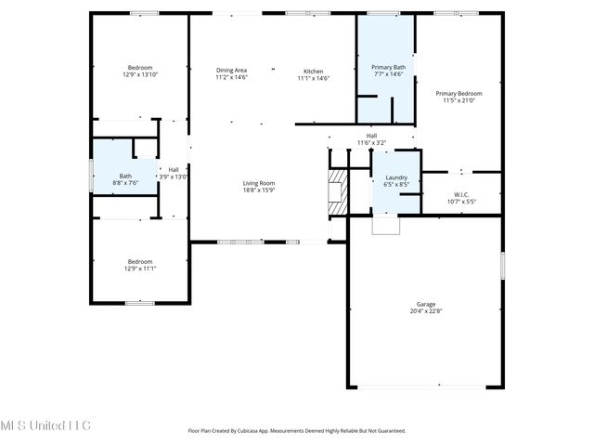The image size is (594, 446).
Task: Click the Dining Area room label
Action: tap(231, 71)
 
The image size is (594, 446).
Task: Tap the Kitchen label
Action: tap(314, 72)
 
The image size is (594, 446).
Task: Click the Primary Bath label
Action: tap(388, 67)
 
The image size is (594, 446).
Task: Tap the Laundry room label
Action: tap(395, 177)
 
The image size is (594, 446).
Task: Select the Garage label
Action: tap(426, 304)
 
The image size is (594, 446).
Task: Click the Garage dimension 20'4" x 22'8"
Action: tap(426, 311)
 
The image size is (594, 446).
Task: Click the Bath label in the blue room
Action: tap(125, 177)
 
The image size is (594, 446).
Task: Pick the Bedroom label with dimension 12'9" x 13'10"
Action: tap(139, 68)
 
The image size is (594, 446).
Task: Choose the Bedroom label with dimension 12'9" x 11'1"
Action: tap(139, 262)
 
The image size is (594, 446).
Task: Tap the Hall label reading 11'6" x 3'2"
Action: tap(371, 136)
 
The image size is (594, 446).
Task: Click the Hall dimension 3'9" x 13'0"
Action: tap(174, 177)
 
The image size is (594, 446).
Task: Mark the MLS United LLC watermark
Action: tap(45, 426)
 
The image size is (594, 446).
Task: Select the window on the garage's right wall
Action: tap(502, 266)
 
